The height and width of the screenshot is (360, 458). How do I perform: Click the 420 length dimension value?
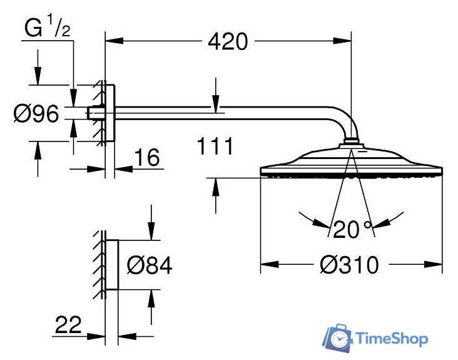(228, 42)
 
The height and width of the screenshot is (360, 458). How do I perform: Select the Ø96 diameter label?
(36, 114)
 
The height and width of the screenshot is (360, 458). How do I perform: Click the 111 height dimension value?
(215, 147)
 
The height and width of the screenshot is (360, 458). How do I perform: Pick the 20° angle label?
(352, 230)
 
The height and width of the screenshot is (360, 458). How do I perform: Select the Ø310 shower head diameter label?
(349, 265)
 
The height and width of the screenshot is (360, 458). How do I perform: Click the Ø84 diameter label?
(149, 265)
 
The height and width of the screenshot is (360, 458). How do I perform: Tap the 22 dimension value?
(68, 324)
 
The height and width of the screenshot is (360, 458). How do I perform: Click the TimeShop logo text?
(392, 339)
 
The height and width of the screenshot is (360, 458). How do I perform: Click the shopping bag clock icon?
(338, 339)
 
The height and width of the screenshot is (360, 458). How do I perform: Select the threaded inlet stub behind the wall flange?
(95, 113)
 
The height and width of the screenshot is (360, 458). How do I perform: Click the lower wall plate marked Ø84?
(111, 264)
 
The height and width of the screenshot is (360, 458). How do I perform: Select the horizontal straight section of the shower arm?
(219, 113)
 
